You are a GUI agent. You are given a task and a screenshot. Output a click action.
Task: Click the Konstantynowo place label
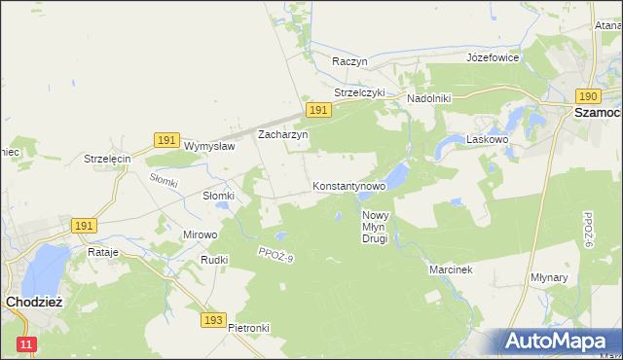(x=348, y=185)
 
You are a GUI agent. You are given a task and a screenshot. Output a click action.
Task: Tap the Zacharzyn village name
(x=282, y=135)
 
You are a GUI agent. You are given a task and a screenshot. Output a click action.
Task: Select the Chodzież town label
(x=34, y=302)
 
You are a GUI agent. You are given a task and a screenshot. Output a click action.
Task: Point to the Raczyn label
(x=349, y=60)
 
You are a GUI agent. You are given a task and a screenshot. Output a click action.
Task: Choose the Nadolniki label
(x=428, y=98)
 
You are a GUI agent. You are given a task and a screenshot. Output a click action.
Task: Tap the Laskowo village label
(x=489, y=139)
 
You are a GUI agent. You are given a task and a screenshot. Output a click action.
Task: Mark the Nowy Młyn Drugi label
(x=375, y=227)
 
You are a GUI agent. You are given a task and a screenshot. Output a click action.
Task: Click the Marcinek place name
(x=451, y=270)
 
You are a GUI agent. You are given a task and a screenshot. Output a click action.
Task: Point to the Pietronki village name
(x=248, y=328)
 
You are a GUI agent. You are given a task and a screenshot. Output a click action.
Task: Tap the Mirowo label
(x=201, y=234)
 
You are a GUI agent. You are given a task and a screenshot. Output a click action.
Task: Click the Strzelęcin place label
(x=107, y=159)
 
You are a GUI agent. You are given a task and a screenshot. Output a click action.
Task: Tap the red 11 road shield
(x=26, y=344)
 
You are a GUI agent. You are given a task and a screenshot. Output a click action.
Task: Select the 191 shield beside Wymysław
(x=165, y=141)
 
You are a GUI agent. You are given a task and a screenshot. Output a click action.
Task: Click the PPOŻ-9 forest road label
(x=276, y=254)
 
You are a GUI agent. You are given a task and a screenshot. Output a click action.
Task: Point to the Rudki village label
(x=214, y=260)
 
